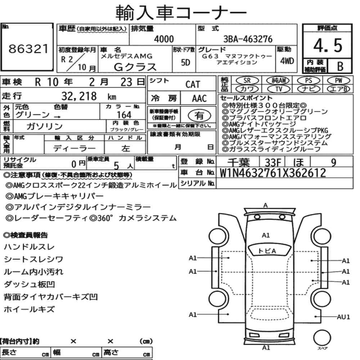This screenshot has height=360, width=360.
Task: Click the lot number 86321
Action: coord(28,49)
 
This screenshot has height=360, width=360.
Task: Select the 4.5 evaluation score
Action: coord(328,45)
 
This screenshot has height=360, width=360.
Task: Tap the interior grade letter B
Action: coord(340,66)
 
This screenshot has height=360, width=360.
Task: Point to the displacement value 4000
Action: coord(164,39)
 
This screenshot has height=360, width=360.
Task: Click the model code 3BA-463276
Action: coord(248,39)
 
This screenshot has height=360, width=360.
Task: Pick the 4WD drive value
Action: coord(287,61)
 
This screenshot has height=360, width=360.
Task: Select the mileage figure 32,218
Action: coord(79,96)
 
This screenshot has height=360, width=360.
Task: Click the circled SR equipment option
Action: coord(247,81)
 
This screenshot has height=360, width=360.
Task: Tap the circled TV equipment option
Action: coord(279,89)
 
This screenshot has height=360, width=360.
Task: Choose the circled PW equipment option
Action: coord(339,81)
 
